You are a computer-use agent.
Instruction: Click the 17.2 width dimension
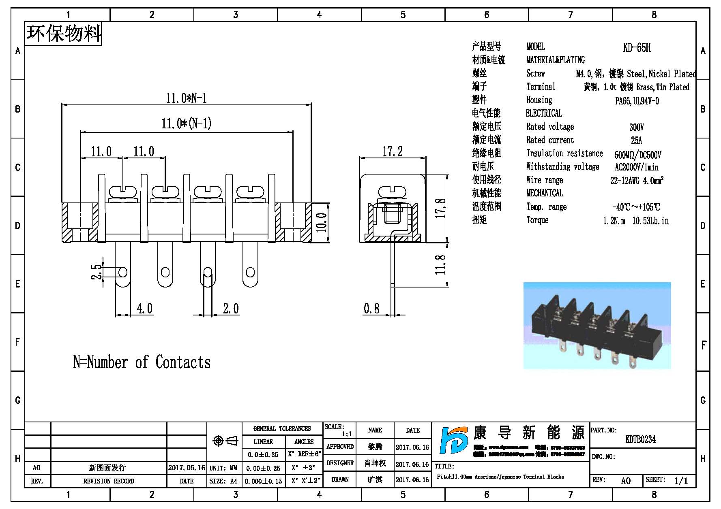pyautogui.click(x=393, y=152)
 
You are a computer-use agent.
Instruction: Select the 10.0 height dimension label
pyautogui.click(x=321, y=223)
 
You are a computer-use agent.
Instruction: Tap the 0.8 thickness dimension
pyautogui.click(x=371, y=309)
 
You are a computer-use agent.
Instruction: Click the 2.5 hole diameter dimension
pyautogui.click(x=97, y=272)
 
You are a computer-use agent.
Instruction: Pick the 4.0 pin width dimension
pyautogui.click(x=144, y=309)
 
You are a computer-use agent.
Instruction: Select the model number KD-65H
pyautogui.click(x=637, y=48)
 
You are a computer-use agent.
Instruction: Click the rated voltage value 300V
pyautogui.click(x=636, y=127)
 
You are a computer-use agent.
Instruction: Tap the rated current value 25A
pyautogui.click(x=636, y=141)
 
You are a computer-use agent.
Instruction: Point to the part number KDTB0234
pyautogui.click(x=640, y=439)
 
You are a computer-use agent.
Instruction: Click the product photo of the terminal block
pyautogui.click(x=597, y=326)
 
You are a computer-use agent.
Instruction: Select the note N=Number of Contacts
pyautogui.click(x=142, y=362)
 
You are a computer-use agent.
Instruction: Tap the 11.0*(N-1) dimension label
pyautogui.click(x=187, y=124)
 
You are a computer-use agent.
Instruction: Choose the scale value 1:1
pyautogui.click(x=347, y=434)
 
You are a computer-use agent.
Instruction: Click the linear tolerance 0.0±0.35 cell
pyautogui.click(x=263, y=455)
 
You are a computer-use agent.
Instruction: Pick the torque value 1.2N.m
pyautogui.click(x=614, y=221)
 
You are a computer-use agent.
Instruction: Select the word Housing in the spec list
pyautogui.click(x=539, y=100)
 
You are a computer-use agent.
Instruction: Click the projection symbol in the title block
pyautogui.click(x=225, y=441)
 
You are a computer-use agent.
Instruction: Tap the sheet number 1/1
pyautogui.click(x=681, y=481)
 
